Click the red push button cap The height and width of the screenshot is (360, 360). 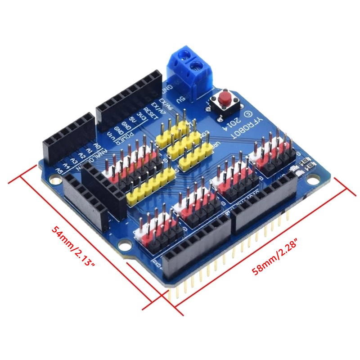(224, 97)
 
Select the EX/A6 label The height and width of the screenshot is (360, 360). (164, 104)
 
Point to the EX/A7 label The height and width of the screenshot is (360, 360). (157, 108)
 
